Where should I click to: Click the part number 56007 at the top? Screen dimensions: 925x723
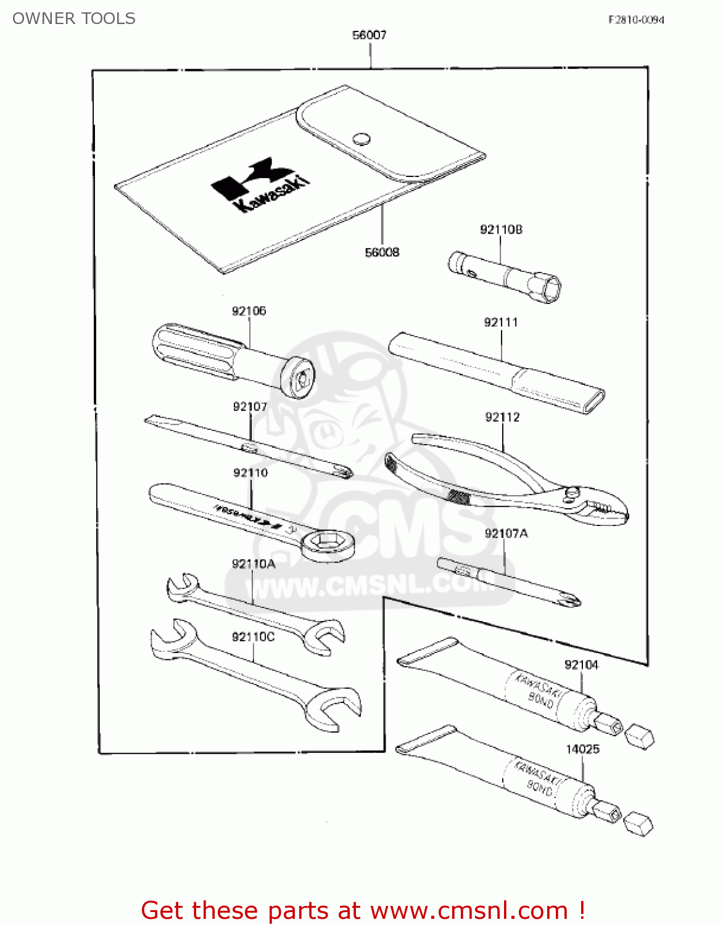369,35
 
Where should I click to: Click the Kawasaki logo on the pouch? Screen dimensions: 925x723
261,184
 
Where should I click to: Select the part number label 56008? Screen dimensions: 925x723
382,252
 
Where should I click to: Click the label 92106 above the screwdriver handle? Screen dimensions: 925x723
249,311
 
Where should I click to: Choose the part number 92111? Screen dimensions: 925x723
501,322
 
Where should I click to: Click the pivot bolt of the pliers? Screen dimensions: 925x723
573,492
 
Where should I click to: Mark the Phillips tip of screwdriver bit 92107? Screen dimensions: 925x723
346,472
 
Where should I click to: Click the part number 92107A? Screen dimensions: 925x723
506,533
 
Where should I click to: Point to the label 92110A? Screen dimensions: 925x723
253,564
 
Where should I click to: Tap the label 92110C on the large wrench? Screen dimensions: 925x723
253,636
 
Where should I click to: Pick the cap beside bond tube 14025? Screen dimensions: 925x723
638,823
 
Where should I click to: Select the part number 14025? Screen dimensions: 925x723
582,749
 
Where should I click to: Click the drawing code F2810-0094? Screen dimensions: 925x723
636,20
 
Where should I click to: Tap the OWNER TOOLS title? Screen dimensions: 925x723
74,18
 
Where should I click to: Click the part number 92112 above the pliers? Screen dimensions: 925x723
502,417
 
